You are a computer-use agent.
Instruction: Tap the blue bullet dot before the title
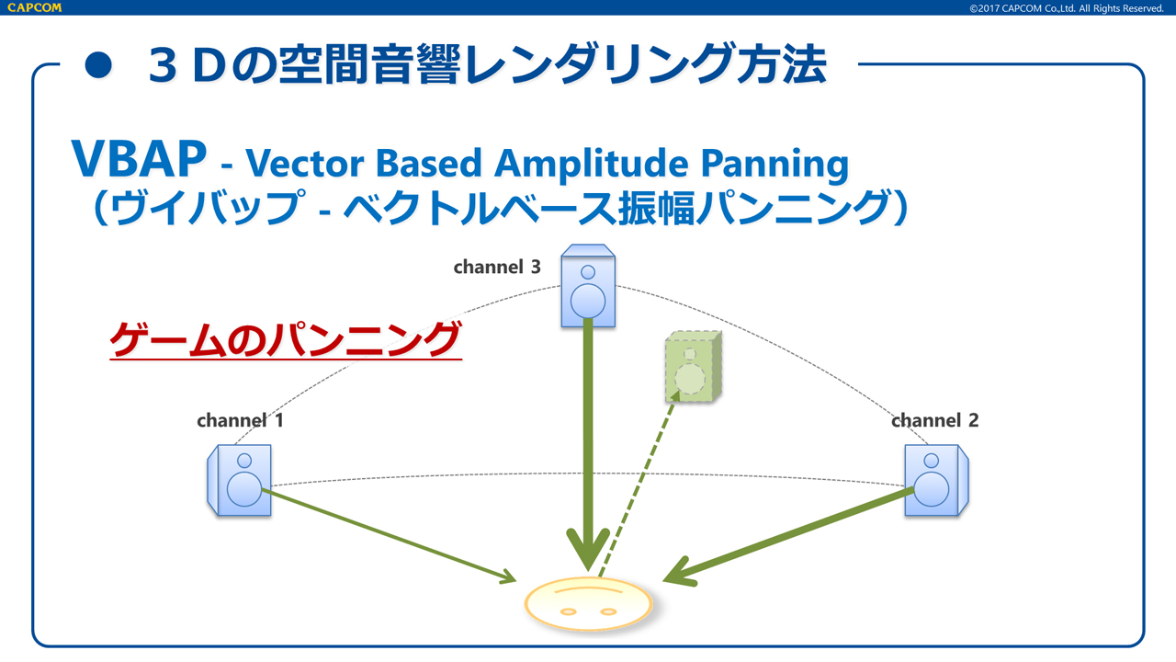coord(98,65)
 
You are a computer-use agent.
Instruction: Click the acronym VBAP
coord(139,161)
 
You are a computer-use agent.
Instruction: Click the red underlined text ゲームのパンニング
coord(285,340)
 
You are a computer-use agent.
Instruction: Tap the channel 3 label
coord(497,268)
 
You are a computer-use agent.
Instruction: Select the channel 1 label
coord(240,421)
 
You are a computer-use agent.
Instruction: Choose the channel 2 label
coord(934,421)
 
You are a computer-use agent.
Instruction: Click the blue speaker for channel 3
coord(588,285)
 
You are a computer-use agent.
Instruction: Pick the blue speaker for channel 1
coord(239,479)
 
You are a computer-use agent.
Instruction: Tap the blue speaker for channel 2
coord(936,480)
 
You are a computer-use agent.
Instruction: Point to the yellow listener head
coord(588,604)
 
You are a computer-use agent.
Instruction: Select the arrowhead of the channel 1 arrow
coord(506,578)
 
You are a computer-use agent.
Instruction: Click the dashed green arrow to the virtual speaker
coord(639,483)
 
